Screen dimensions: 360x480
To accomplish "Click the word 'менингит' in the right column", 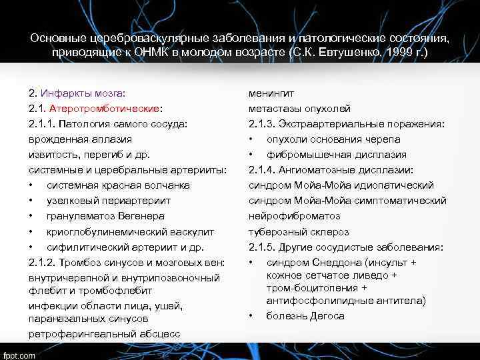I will [271, 93].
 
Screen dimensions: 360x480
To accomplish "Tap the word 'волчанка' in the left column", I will [169, 185].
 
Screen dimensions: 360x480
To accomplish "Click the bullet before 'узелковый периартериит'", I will [32, 201].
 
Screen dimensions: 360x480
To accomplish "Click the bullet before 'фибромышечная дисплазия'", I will [251, 155].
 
